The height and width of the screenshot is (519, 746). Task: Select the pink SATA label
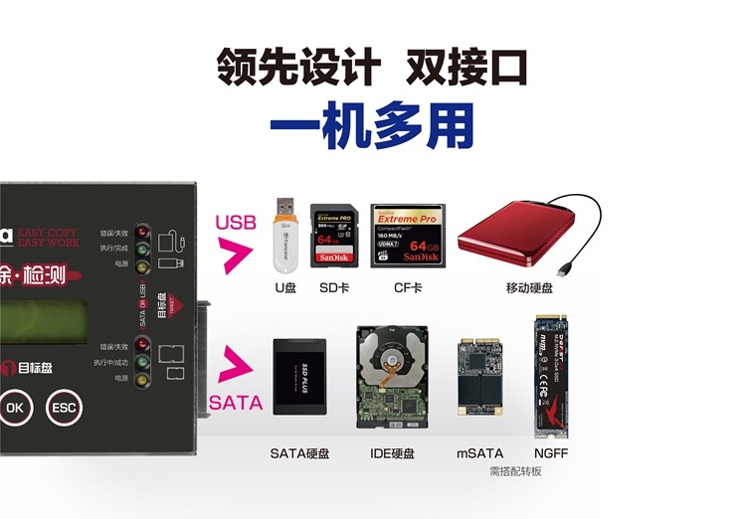[x=236, y=403]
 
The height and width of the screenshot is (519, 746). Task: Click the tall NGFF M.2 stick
[x=550, y=377]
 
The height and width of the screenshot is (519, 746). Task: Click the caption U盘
[x=286, y=288]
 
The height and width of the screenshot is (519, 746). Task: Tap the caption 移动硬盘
[x=529, y=288]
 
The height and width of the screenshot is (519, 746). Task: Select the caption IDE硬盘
[x=392, y=453]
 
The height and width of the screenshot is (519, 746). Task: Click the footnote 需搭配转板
[x=515, y=471]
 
